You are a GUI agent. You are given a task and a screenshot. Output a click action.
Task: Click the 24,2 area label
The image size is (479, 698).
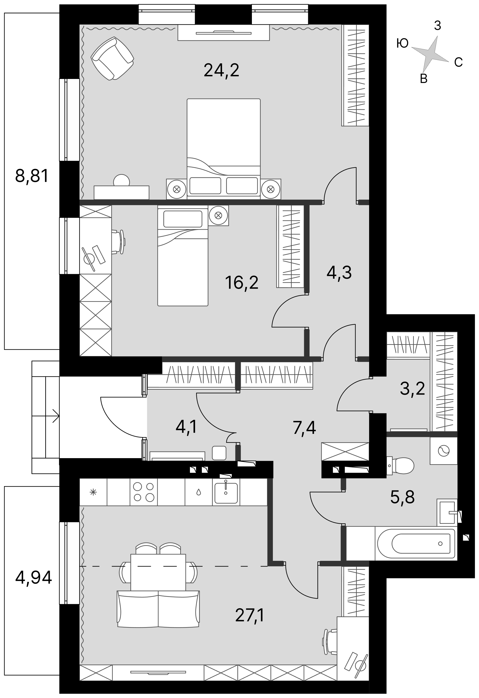click(221, 70)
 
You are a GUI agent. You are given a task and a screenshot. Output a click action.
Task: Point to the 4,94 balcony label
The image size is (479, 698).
click(34, 577)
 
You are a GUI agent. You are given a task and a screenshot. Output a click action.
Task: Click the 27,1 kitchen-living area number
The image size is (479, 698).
click(249, 615)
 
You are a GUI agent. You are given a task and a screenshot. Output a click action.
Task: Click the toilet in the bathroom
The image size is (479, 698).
click(400, 465)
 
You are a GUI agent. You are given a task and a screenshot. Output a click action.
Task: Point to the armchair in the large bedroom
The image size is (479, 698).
click(112, 58)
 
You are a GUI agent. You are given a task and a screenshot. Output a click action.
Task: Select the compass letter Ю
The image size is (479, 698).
click(402, 43)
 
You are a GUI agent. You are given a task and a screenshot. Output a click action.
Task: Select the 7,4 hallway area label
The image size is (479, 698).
click(304, 428)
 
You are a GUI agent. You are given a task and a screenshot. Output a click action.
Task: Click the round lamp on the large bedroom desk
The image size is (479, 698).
click(121, 181)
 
